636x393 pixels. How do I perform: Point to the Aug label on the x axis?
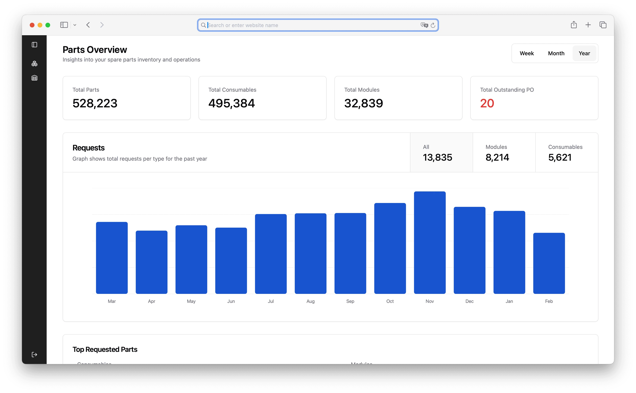pos(311,301)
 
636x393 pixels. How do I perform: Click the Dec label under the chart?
pos(470,301)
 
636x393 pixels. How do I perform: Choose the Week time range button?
pos(527,53)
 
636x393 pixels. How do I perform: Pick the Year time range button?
pos(584,53)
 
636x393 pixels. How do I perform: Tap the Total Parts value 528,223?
pos(95,103)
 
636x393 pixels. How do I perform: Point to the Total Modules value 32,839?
pos(363,103)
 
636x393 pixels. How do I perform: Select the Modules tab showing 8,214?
pos(504,153)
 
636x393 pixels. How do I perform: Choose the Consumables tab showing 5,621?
pos(567,153)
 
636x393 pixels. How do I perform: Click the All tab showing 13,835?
pos(441,153)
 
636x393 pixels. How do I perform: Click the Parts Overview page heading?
pos(95,50)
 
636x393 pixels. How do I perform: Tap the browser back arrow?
pos(88,25)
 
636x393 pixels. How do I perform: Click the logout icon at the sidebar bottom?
pos(34,355)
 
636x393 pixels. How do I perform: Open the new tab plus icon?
pos(588,25)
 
